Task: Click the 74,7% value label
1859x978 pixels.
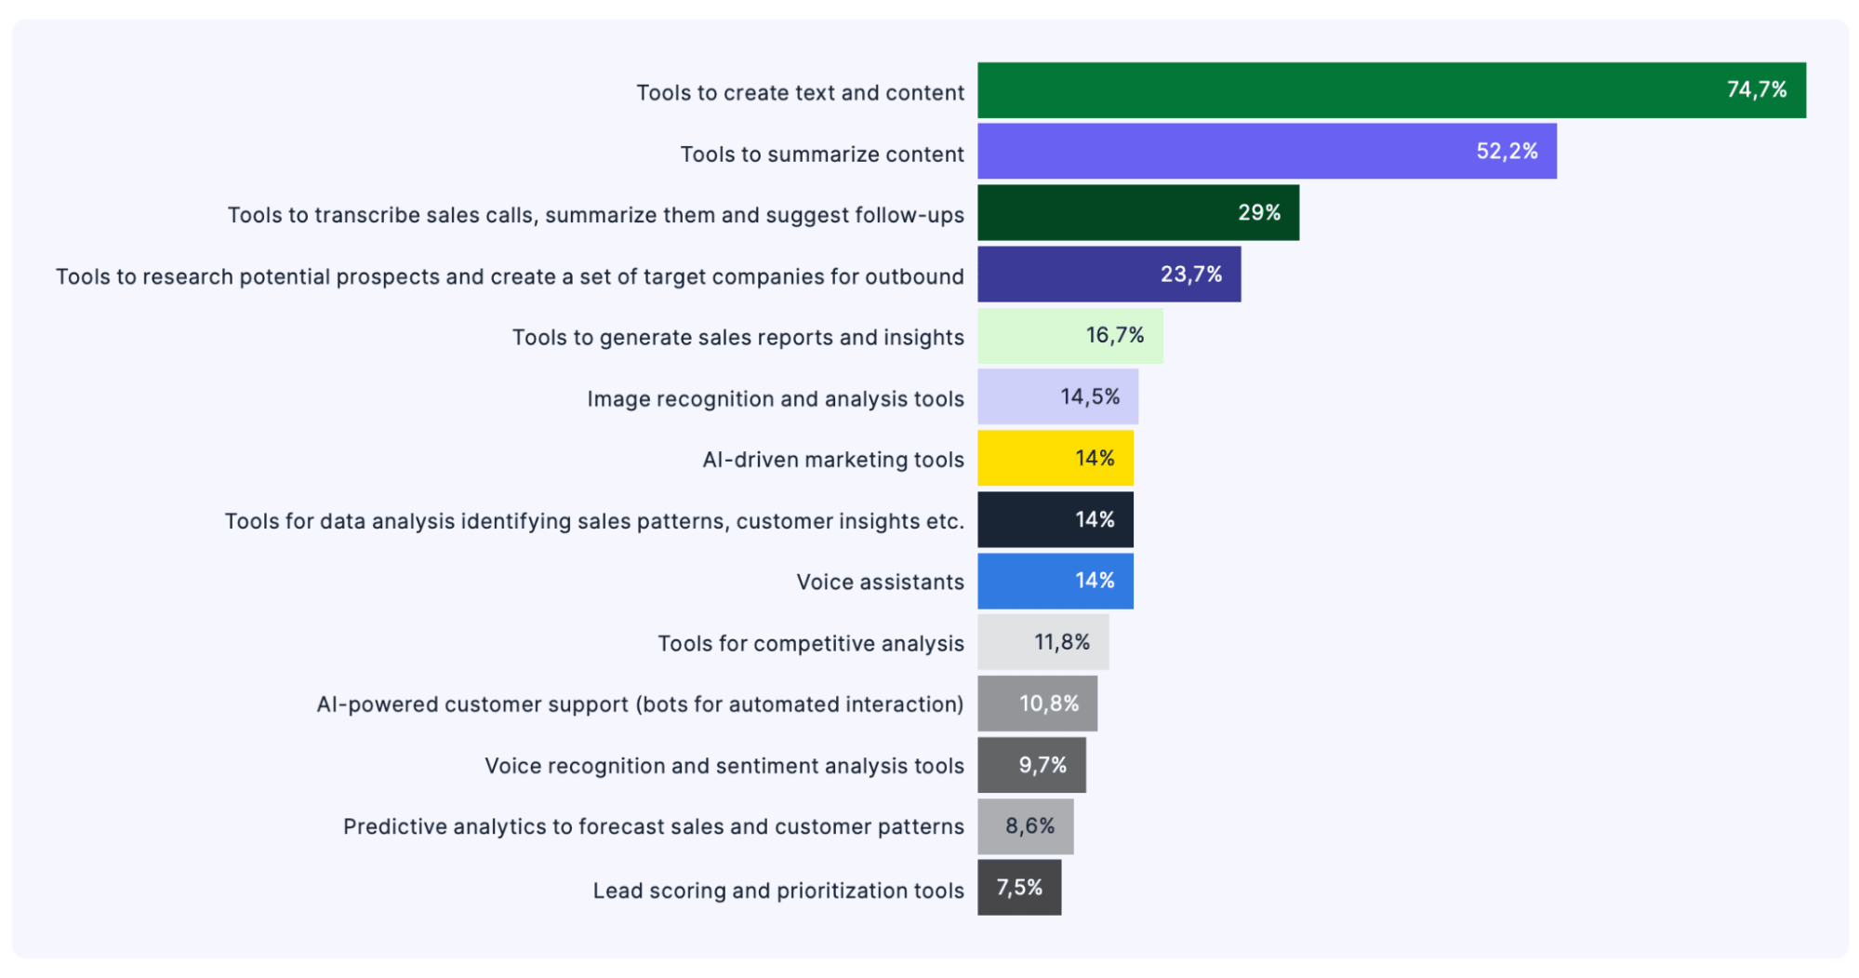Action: tap(1756, 89)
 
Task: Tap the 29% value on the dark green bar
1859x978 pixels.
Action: tap(1258, 212)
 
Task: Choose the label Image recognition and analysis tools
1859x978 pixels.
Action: tap(775, 398)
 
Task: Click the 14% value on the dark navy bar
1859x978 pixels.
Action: tap(1095, 519)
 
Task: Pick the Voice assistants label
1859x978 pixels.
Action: tap(880, 582)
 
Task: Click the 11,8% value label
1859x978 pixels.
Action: tap(1061, 642)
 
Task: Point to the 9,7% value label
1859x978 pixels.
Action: tap(1042, 765)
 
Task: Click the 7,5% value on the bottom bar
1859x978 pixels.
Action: tap(1019, 888)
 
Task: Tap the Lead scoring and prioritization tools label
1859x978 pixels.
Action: tap(778, 891)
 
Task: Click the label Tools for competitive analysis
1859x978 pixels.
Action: tap(810, 643)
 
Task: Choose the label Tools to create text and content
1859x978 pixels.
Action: tap(800, 93)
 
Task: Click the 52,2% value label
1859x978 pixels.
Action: tap(1507, 151)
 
